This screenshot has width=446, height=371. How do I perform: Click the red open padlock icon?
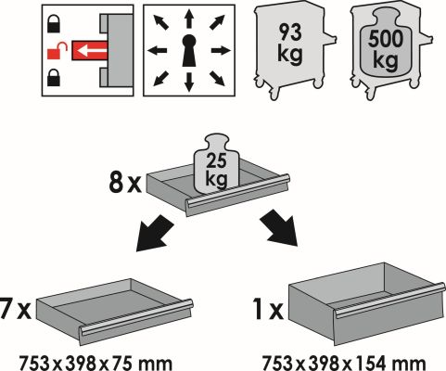point(57,50)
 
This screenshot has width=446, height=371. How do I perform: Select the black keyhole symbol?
point(189,50)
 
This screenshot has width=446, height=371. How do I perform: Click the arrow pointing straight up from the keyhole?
point(189,19)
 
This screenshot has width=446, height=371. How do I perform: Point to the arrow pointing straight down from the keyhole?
point(189,82)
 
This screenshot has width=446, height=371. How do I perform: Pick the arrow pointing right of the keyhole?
point(221,50)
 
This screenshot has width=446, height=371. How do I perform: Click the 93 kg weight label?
point(290,44)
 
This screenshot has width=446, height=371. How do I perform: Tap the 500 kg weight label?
point(386,49)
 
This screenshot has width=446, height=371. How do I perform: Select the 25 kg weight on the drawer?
point(216,164)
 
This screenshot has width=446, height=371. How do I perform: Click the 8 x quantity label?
point(125,183)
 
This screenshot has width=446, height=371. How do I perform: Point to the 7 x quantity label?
point(16,308)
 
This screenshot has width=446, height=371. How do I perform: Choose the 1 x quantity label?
point(268,309)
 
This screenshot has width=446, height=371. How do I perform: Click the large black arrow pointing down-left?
point(155,232)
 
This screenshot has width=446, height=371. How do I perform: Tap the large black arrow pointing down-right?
point(279,227)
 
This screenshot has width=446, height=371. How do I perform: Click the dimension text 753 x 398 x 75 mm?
point(96,364)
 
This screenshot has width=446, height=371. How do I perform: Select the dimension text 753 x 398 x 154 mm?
point(344,364)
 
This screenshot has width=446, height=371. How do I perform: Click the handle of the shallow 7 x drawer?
point(136,317)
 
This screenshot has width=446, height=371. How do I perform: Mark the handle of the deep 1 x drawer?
point(390,301)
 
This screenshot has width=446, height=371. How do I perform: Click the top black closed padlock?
point(54,24)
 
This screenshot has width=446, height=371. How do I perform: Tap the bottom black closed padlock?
point(54,77)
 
